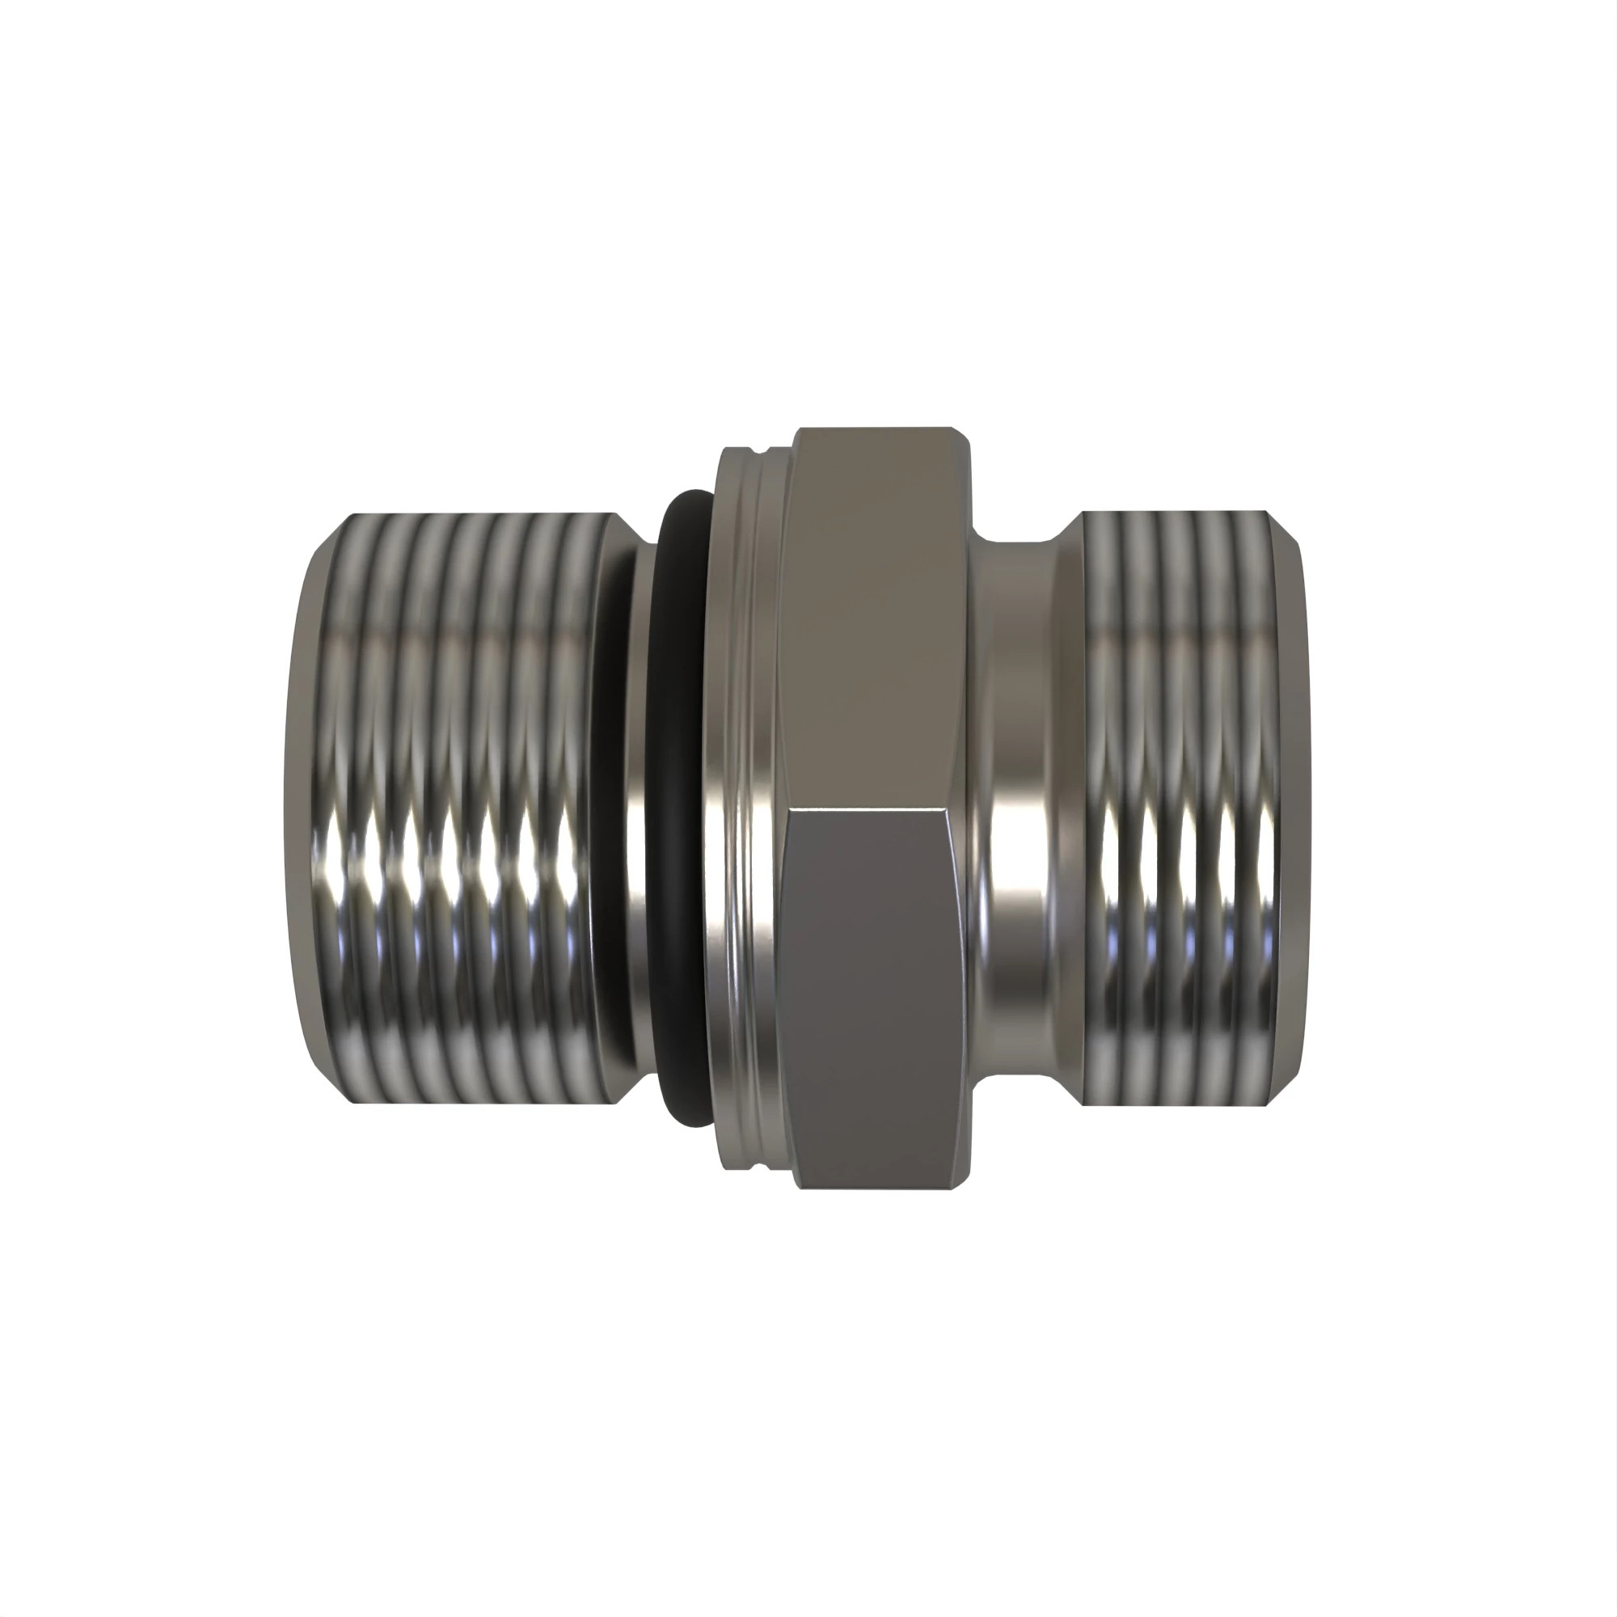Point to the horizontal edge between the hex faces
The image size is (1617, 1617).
coord(871,810)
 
